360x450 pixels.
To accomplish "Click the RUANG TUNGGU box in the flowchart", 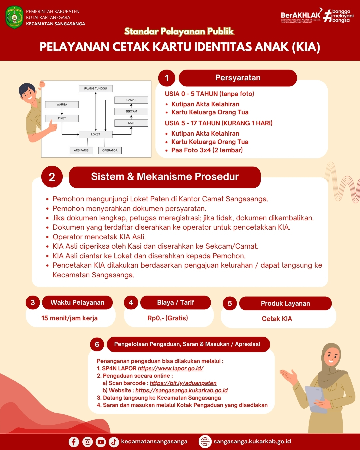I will pyautogui.click(x=96, y=88).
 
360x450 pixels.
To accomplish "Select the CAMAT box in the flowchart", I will pyautogui.click(x=131, y=100).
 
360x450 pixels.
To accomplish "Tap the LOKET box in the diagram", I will pyautogui.click(x=96, y=134).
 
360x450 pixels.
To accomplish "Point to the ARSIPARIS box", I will pyautogui.click(x=81, y=150).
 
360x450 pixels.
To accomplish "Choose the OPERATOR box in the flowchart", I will pyautogui.click(x=110, y=150).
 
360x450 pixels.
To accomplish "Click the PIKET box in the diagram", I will pyautogui.click(x=62, y=118).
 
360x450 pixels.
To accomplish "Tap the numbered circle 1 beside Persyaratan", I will pyautogui.click(x=167, y=78).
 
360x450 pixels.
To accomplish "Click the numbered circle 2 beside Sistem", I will pyautogui.click(x=52, y=177).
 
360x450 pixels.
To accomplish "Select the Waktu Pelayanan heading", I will pyautogui.click(x=77, y=302).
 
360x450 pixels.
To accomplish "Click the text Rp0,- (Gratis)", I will pyautogui.click(x=168, y=318).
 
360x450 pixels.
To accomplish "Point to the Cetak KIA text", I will pyautogui.click(x=277, y=319).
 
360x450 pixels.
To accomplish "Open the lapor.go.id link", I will pyautogui.click(x=170, y=368).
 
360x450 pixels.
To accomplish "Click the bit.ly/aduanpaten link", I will pyautogui.click(x=183, y=383).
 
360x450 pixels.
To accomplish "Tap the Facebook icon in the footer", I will pyautogui.click(x=74, y=442).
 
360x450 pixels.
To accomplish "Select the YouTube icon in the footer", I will pyautogui.click(x=101, y=442).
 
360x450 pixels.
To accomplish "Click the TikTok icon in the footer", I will pyautogui.click(x=114, y=442).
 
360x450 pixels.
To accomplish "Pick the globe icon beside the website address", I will pyautogui.click(x=205, y=442).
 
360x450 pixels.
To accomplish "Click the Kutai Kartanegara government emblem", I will pyautogui.click(x=14, y=17).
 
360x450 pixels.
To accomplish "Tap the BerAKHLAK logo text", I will pyautogui.click(x=300, y=15).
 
